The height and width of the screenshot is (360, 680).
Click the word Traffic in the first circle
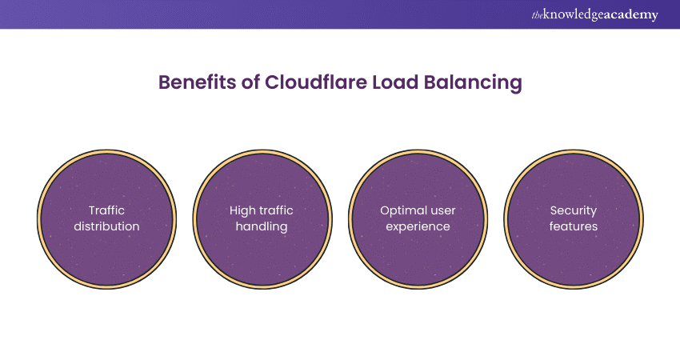106,210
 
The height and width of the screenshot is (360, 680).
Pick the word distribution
106,226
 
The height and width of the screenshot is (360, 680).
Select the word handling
261,226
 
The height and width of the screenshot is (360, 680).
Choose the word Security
573,210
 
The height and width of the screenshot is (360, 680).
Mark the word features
573,226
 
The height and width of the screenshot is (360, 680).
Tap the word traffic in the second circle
277,210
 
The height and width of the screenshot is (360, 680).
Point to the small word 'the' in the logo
536,13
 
